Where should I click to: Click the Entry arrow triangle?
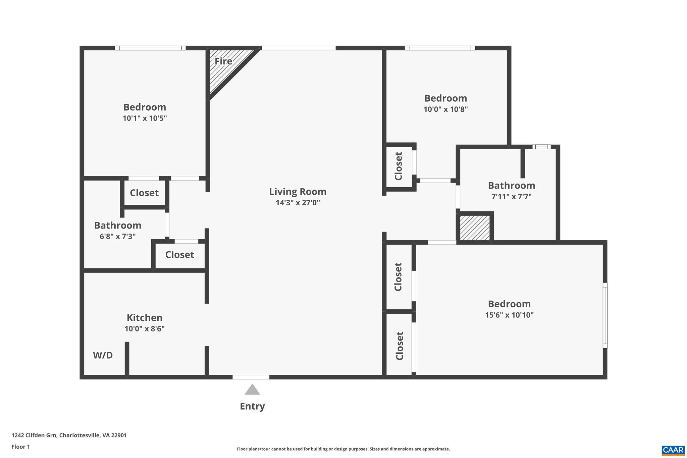[x=252, y=390]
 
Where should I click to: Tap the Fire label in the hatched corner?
[x=223, y=61]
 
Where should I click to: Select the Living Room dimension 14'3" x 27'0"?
[x=298, y=203]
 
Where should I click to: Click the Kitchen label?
[x=144, y=317]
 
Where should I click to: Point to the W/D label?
[x=103, y=355]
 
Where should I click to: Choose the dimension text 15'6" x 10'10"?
[x=509, y=315]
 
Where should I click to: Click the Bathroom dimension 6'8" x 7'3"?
[x=117, y=236]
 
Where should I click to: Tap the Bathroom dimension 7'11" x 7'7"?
[x=511, y=197]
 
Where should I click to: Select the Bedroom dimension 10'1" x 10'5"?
[x=145, y=118]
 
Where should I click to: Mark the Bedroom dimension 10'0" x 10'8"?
[x=445, y=109]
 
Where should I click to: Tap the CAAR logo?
[x=673, y=450]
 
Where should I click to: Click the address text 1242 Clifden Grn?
[x=69, y=435]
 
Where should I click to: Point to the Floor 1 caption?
[x=20, y=447]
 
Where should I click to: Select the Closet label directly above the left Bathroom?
[x=144, y=193]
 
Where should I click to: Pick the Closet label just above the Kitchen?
[x=179, y=255]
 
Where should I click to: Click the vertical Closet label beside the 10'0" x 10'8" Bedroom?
[x=399, y=166]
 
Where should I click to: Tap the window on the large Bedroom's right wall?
[x=605, y=315]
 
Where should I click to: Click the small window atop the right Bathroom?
[x=541, y=147]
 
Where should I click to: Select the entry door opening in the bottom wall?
[x=251, y=377]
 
